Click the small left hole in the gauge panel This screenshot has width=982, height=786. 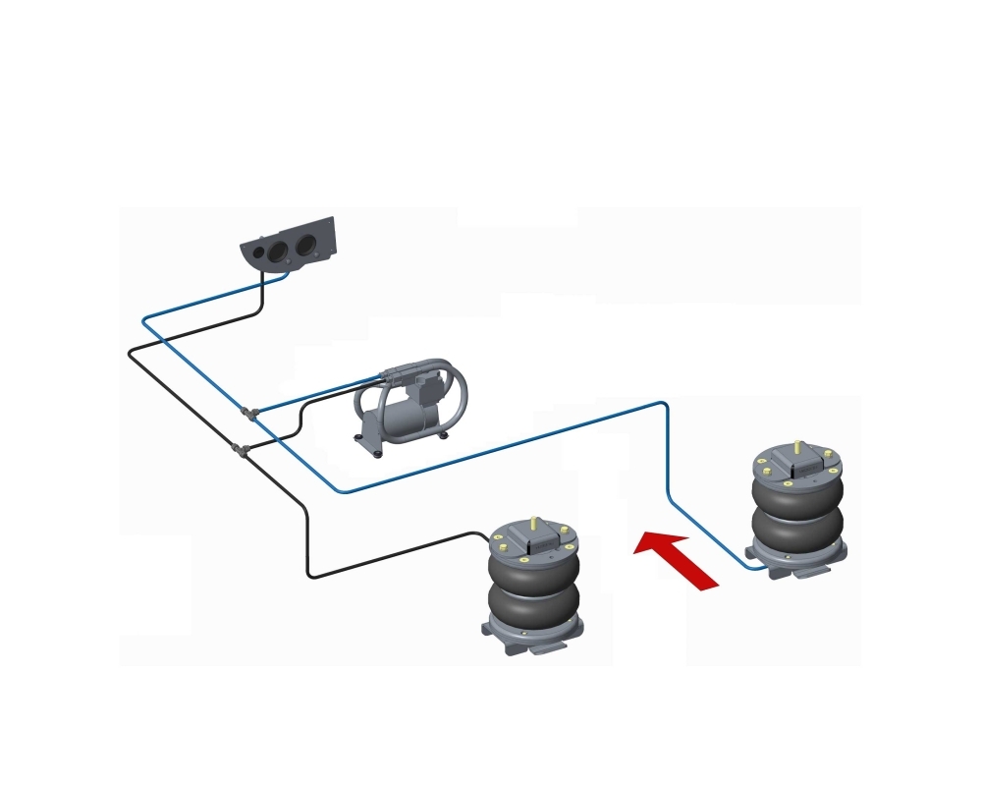[258, 253]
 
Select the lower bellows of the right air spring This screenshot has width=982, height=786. [795, 526]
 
